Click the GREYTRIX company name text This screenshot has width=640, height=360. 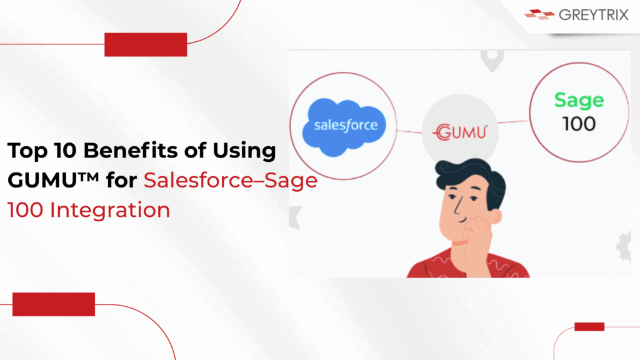(594, 15)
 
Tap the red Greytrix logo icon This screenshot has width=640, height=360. (539, 14)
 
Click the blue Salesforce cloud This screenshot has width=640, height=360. (344, 127)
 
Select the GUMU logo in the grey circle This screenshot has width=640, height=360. (461, 132)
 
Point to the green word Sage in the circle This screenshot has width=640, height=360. (579, 101)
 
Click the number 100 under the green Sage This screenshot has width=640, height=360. (579, 124)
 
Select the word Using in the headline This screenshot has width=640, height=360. (244, 151)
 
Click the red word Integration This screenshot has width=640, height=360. (110, 211)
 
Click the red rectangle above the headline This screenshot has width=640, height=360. (146, 44)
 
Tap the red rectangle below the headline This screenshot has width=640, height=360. (54, 304)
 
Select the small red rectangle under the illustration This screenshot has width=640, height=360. (589, 326)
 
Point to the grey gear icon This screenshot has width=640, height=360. (624, 246)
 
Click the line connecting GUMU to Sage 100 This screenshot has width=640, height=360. (514, 122)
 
